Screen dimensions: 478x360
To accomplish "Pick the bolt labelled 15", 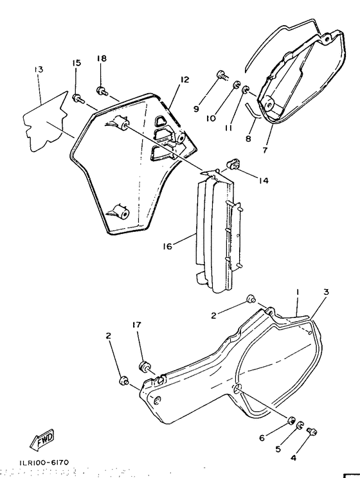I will point(78,98).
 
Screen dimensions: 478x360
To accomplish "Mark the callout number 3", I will point(326,292).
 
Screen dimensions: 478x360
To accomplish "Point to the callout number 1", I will point(297,292).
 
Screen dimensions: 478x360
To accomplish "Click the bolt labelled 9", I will point(222,75).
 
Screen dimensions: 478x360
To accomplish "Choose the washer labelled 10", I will point(237,85).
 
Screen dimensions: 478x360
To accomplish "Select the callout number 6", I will point(262,438).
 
